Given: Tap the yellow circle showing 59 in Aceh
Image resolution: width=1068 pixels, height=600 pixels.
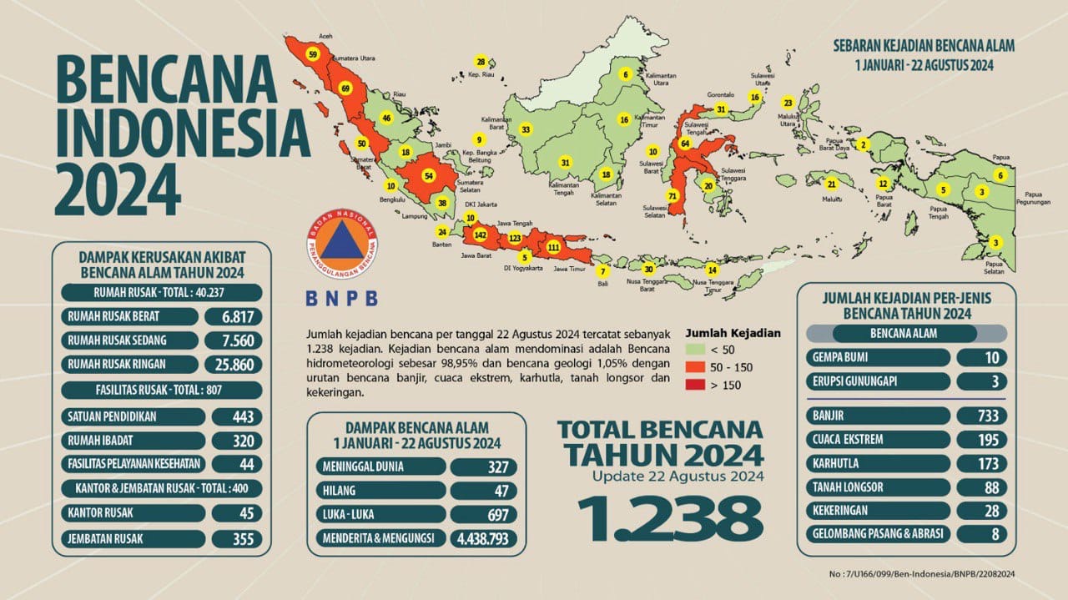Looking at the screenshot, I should (x=313, y=54).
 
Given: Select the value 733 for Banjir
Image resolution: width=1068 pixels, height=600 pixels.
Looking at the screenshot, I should (x=981, y=416).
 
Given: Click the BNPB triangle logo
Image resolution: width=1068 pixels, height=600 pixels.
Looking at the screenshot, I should (x=342, y=248).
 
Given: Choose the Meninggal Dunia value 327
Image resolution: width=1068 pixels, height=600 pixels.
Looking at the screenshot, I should (x=483, y=466).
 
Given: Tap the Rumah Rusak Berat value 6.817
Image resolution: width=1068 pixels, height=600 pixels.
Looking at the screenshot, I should (x=237, y=317).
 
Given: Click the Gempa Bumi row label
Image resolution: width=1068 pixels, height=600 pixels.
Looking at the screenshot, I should (x=880, y=358).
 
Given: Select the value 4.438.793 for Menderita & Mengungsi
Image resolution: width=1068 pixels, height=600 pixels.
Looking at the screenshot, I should (x=483, y=539).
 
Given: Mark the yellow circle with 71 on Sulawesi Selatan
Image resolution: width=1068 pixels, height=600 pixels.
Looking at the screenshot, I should (x=673, y=196).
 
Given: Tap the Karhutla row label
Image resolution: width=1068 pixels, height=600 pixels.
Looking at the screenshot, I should (x=880, y=463).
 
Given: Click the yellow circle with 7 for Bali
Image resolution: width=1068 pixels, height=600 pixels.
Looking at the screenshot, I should (x=602, y=270).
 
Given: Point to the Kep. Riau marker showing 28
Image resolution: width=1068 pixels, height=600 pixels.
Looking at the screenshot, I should (x=481, y=63).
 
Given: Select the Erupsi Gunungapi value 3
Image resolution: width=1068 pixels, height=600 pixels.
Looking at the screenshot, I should (x=981, y=381).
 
